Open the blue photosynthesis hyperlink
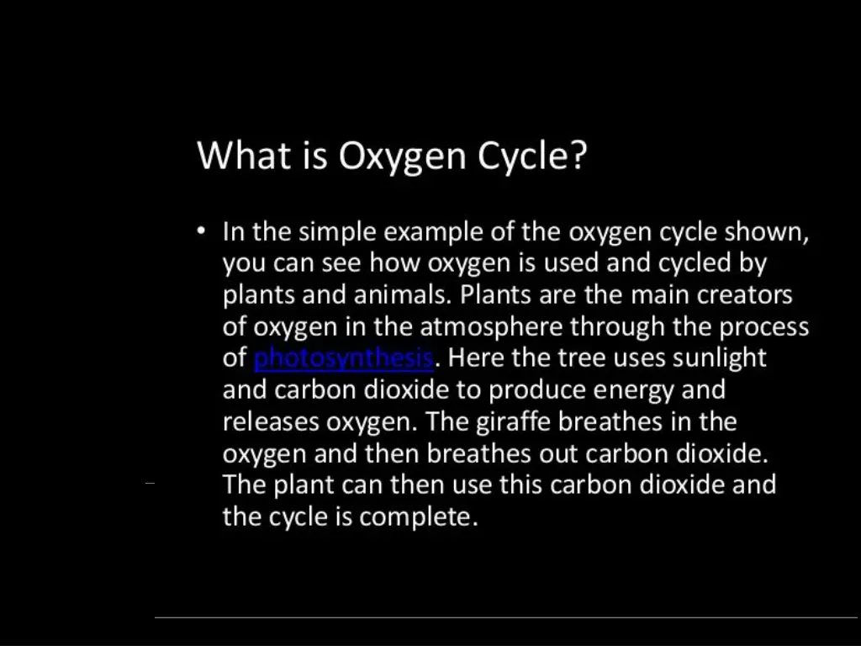[x=343, y=358]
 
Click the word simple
[x=335, y=232]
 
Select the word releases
[x=270, y=422]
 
